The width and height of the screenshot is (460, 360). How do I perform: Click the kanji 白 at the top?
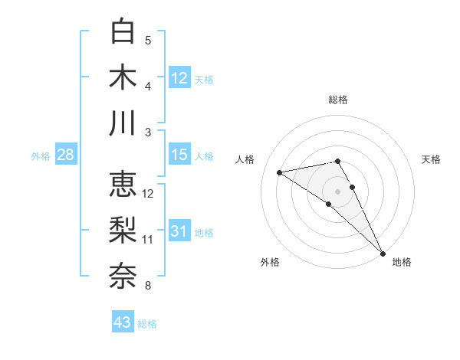(123, 31)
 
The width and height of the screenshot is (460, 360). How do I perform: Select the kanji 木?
(123, 77)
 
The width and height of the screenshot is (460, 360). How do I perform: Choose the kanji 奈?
(123, 276)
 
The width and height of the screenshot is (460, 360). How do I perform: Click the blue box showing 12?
(179, 77)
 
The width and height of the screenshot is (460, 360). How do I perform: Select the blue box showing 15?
(179, 155)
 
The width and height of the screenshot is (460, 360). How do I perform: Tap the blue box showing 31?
(179, 231)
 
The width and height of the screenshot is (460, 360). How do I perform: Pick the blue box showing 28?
(66, 155)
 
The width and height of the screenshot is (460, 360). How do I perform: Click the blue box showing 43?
(123, 322)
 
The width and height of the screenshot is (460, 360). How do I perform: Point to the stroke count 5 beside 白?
(148, 40)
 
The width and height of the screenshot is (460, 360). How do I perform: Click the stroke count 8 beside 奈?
(148, 286)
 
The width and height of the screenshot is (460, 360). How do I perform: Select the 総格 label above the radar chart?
(338, 100)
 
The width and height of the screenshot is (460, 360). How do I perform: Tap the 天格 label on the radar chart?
(431, 159)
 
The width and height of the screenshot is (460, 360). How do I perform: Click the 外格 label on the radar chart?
(270, 262)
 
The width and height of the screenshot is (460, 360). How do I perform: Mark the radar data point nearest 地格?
(383, 252)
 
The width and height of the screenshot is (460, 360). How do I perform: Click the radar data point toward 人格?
(280, 172)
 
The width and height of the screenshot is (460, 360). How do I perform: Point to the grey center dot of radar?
(338, 191)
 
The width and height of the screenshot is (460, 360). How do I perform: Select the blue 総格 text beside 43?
(147, 324)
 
